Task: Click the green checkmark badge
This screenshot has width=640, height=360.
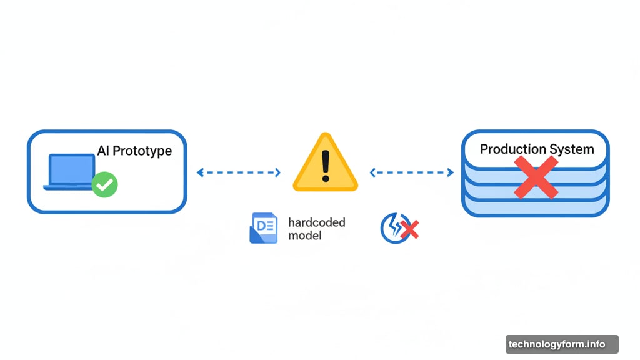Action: tap(105, 184)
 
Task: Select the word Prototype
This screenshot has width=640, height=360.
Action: tap(142, 151)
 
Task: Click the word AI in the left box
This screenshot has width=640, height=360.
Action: tap(103, 151)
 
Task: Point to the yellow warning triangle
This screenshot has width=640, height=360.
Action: tap(325, 162)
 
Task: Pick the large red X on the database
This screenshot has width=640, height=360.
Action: tap(536, 177)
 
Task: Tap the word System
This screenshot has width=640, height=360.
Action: tap(572, 150)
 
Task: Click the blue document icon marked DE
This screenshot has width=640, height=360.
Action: tap(264, 227)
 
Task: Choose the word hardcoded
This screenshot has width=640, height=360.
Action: tap(317, 222)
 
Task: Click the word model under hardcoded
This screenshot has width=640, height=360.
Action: tap(305, 236)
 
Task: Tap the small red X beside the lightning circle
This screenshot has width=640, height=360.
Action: tap(410, 229)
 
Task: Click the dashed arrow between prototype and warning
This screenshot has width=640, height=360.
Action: tap(239, 172)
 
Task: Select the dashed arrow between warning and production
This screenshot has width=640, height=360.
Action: tap(412, 172)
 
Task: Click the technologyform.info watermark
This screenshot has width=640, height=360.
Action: tap(562, 344)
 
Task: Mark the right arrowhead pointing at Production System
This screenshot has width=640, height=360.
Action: tap(451, 172)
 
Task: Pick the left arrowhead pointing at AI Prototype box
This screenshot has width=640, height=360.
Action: tap(200, 172)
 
